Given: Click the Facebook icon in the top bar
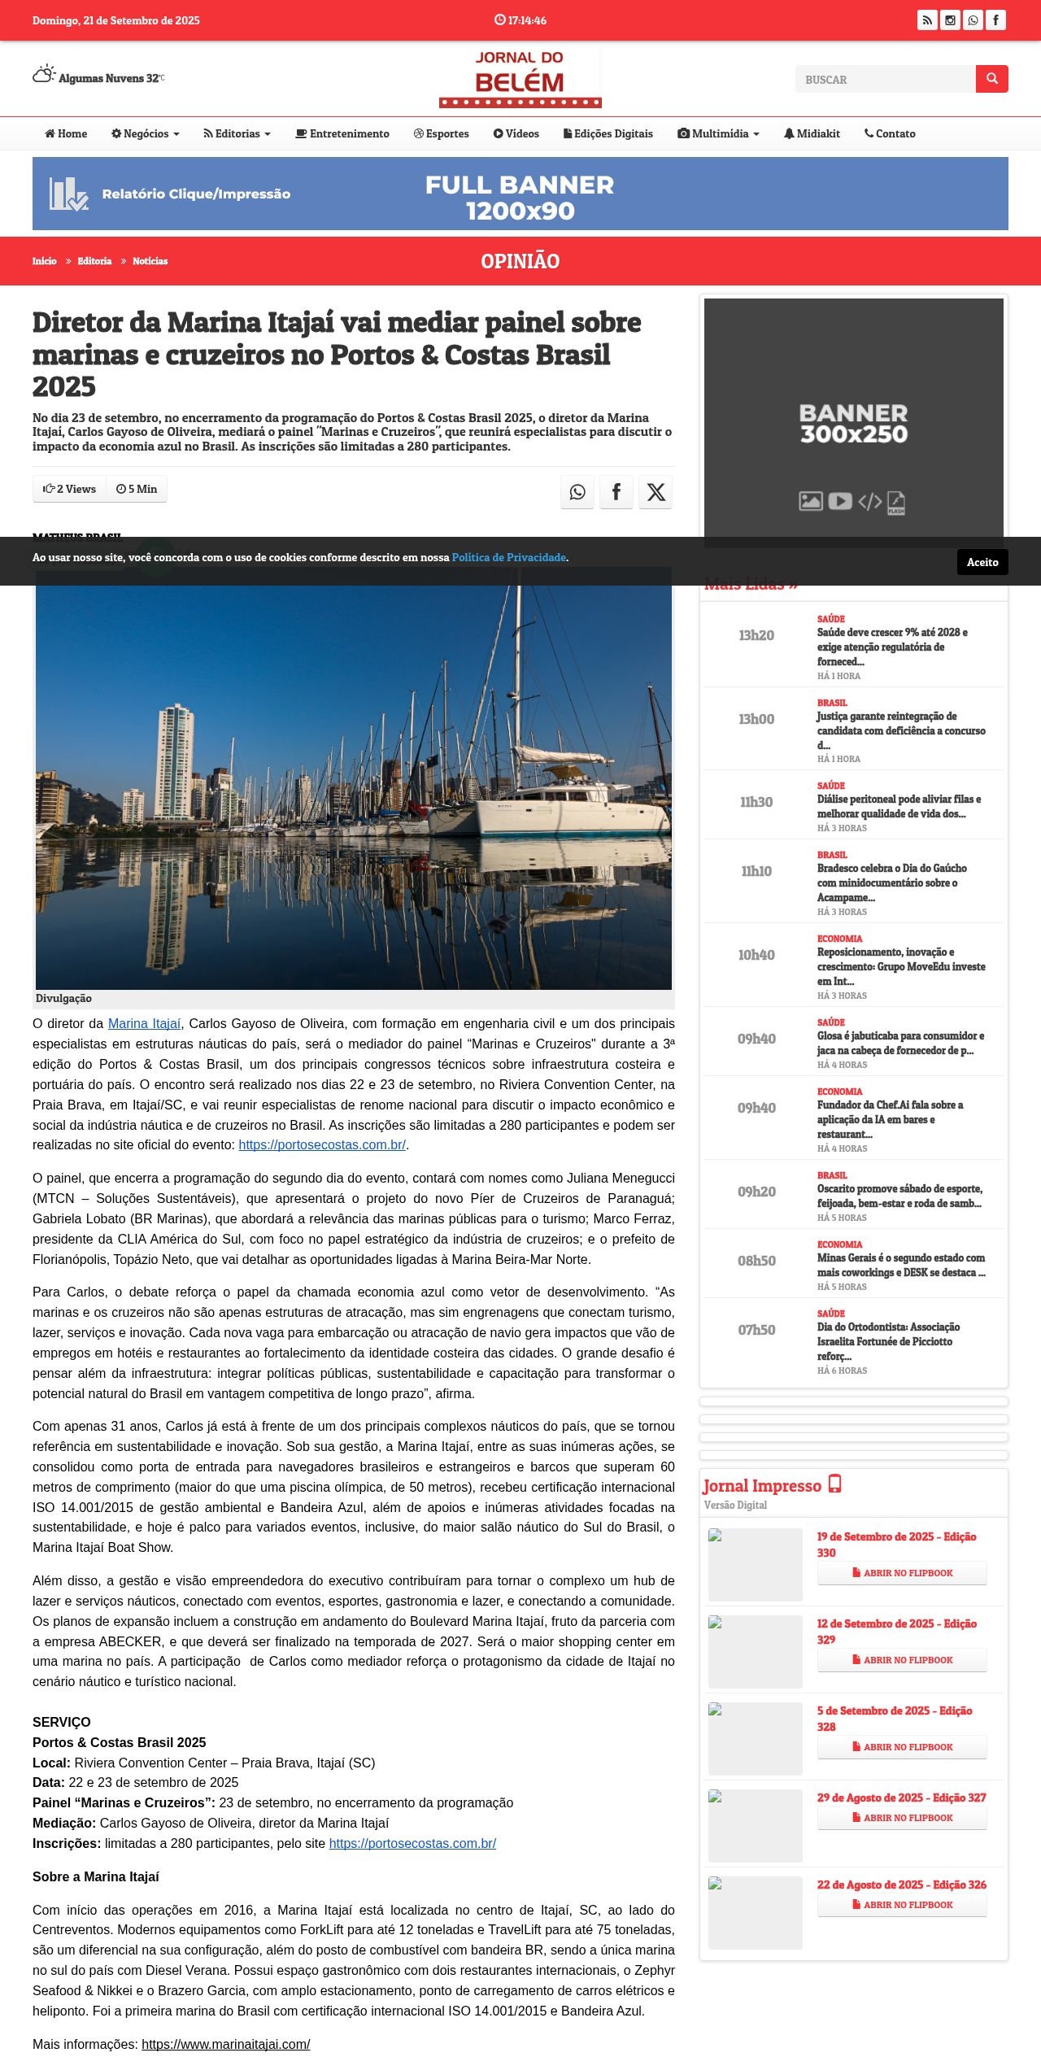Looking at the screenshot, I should tap(995, 20).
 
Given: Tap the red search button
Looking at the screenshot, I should tap(991, 79).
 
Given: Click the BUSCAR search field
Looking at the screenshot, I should tap(885, 80).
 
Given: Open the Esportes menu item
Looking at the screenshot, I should tap(442, 134).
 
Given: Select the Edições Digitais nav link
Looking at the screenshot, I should tap(608, 134).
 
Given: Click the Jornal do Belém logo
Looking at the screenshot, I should tap(520, 78).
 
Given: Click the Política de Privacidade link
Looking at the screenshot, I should tap(509, 558).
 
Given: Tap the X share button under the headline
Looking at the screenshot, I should tap(656, 492).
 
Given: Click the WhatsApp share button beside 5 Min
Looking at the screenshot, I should tap(577, 492).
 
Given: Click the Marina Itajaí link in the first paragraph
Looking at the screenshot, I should tap(144, 1024).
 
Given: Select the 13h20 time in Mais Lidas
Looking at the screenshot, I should tap(756, 635).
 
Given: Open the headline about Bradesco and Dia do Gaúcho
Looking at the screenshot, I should tap(892, 883).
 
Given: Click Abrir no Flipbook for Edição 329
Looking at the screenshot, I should tap(902, 1660).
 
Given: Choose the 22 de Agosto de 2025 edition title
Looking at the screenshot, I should tap(901, 1885).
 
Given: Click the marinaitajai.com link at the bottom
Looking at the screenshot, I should tap(225, 2044).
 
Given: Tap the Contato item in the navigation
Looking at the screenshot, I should tap(890, 134).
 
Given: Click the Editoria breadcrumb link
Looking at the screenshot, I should tap(94, 261).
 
